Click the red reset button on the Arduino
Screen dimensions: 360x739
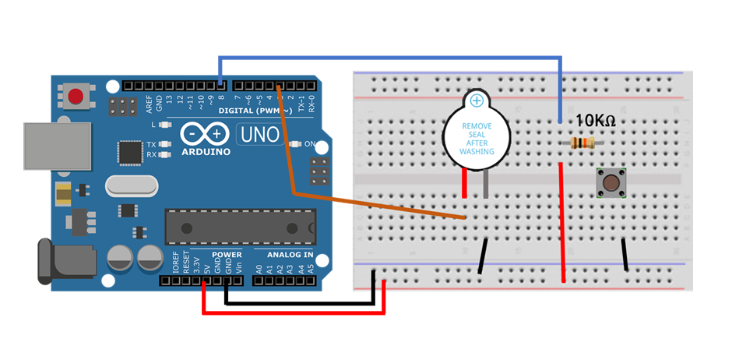pos(76,97)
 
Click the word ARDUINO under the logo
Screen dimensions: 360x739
pos(206,151)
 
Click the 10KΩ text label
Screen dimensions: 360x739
pos(596,121)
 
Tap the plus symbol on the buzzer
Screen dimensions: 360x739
pos(477,101)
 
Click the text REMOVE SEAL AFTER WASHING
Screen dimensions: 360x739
pos(477,138)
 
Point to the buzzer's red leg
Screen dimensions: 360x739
pos(465,184)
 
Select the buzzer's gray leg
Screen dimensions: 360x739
pos(486,184)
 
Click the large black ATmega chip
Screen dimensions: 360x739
pos(240,226)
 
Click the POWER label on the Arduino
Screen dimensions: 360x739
pos(227,255)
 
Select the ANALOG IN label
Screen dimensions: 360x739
pos(290,255)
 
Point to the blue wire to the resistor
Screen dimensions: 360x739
pos(389,58)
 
